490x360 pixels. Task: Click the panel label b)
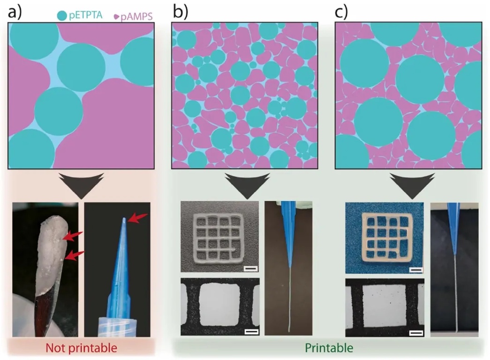180,11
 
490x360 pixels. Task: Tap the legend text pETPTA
89,15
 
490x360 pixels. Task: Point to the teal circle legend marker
62,15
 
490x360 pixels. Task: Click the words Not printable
82,348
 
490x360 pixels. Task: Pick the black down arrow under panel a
82,185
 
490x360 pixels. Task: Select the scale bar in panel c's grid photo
415,270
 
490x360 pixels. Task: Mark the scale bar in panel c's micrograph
415,333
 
